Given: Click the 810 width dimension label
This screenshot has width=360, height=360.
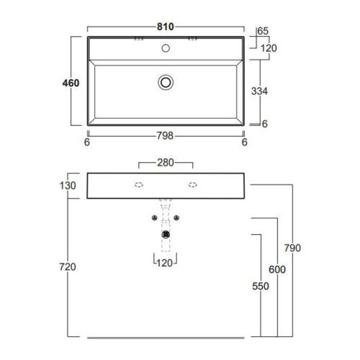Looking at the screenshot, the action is (166, 27).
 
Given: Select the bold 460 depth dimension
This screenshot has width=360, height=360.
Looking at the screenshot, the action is (71, 83).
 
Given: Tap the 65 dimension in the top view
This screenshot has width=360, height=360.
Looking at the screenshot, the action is (263, 31).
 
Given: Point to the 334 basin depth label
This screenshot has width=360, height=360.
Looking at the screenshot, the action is (259, 91).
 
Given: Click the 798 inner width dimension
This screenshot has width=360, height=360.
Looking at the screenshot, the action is (165, 136).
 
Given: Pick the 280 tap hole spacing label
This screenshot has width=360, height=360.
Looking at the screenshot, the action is (166, 163).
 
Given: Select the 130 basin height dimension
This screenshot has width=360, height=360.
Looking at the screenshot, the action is (68, 186).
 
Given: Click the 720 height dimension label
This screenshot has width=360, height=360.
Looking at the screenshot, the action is (68, 266).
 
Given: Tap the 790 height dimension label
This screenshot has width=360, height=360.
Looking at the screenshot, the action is (292, 248).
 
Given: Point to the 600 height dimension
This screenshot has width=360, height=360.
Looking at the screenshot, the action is (277, 269).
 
